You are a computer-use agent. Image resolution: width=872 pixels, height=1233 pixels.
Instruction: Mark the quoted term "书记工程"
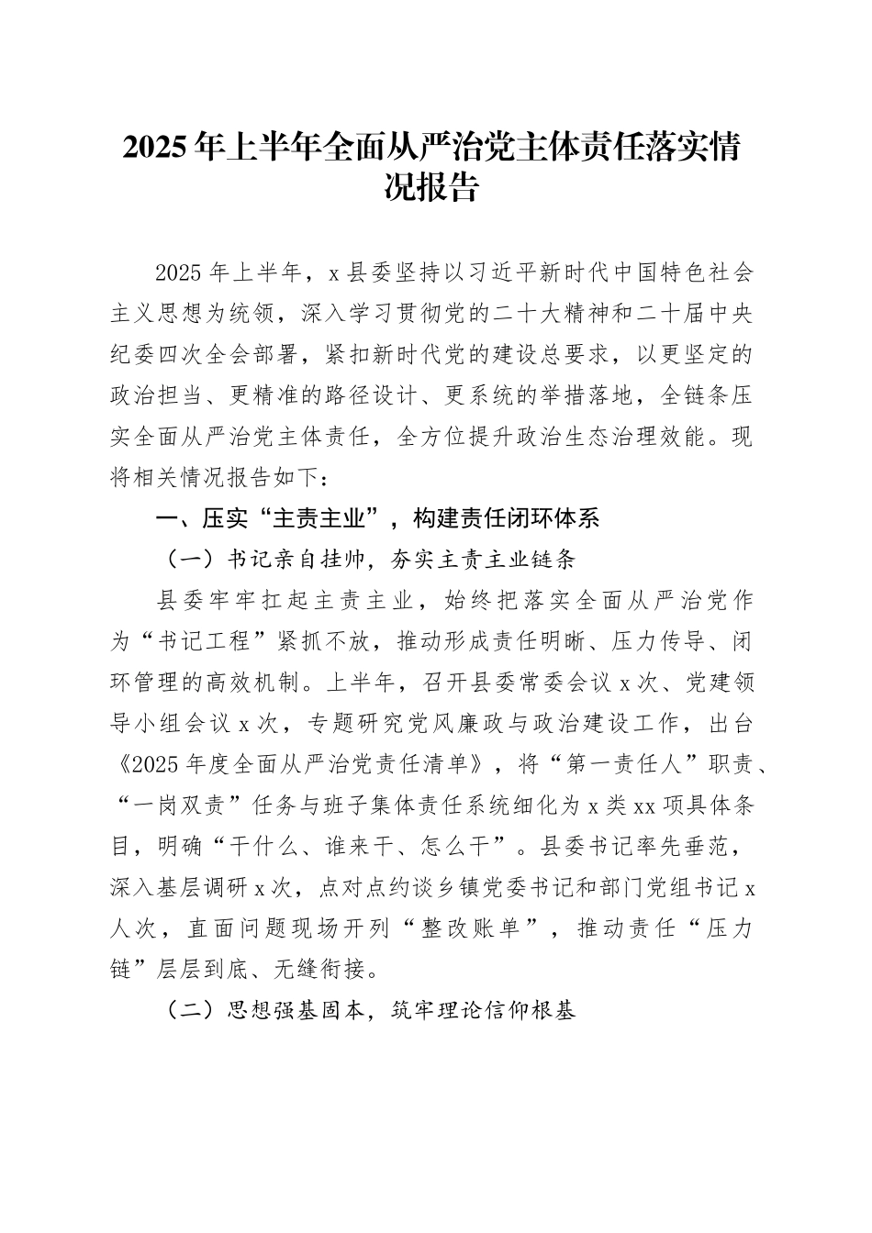point(204,641)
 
